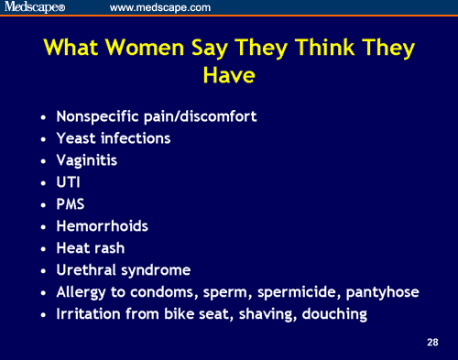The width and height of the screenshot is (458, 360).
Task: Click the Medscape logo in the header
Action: pos(38,8)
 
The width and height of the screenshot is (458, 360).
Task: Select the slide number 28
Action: pos(432,343)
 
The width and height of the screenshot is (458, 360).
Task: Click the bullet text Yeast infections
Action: pos(114,137)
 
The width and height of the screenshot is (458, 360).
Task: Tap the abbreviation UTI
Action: pos(70,181)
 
